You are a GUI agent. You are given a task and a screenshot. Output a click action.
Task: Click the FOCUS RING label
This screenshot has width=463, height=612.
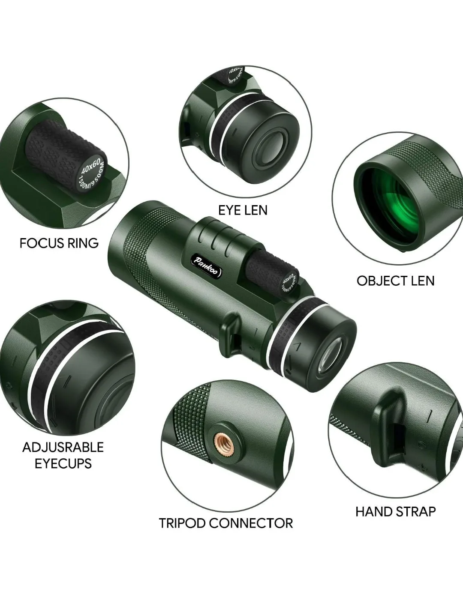tap(59, 243)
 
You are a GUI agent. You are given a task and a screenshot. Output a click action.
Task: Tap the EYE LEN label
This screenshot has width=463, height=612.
tap(243, 210)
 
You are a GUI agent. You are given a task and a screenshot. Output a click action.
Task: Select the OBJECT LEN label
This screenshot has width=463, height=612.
tap(395, 281)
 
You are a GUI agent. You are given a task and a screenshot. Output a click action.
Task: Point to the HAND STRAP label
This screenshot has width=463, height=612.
tap(395, 511)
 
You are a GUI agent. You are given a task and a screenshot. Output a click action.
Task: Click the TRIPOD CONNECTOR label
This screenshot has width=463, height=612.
tap(226, 523)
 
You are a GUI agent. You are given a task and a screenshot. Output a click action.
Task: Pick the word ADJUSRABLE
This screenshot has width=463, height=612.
tap(63, 447)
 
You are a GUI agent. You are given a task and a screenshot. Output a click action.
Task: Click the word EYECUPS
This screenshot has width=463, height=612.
tap(63, 463)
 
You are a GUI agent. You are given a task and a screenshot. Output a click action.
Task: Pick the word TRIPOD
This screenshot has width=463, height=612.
tap(186, 523)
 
